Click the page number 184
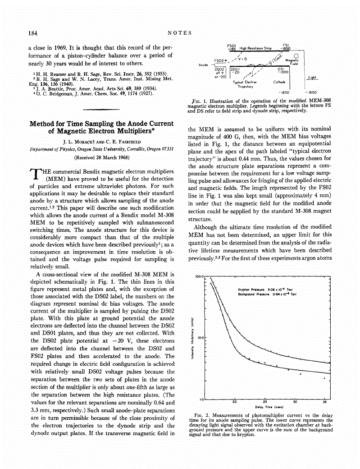click(x=32, y=33)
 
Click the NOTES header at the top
click(x=180, y=33)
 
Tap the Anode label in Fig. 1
click(x=203, y=65)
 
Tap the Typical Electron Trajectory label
click(x=245, y=84)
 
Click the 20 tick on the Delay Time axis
click(x=234, y=402)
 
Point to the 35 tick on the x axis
click(x=324, y=402)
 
